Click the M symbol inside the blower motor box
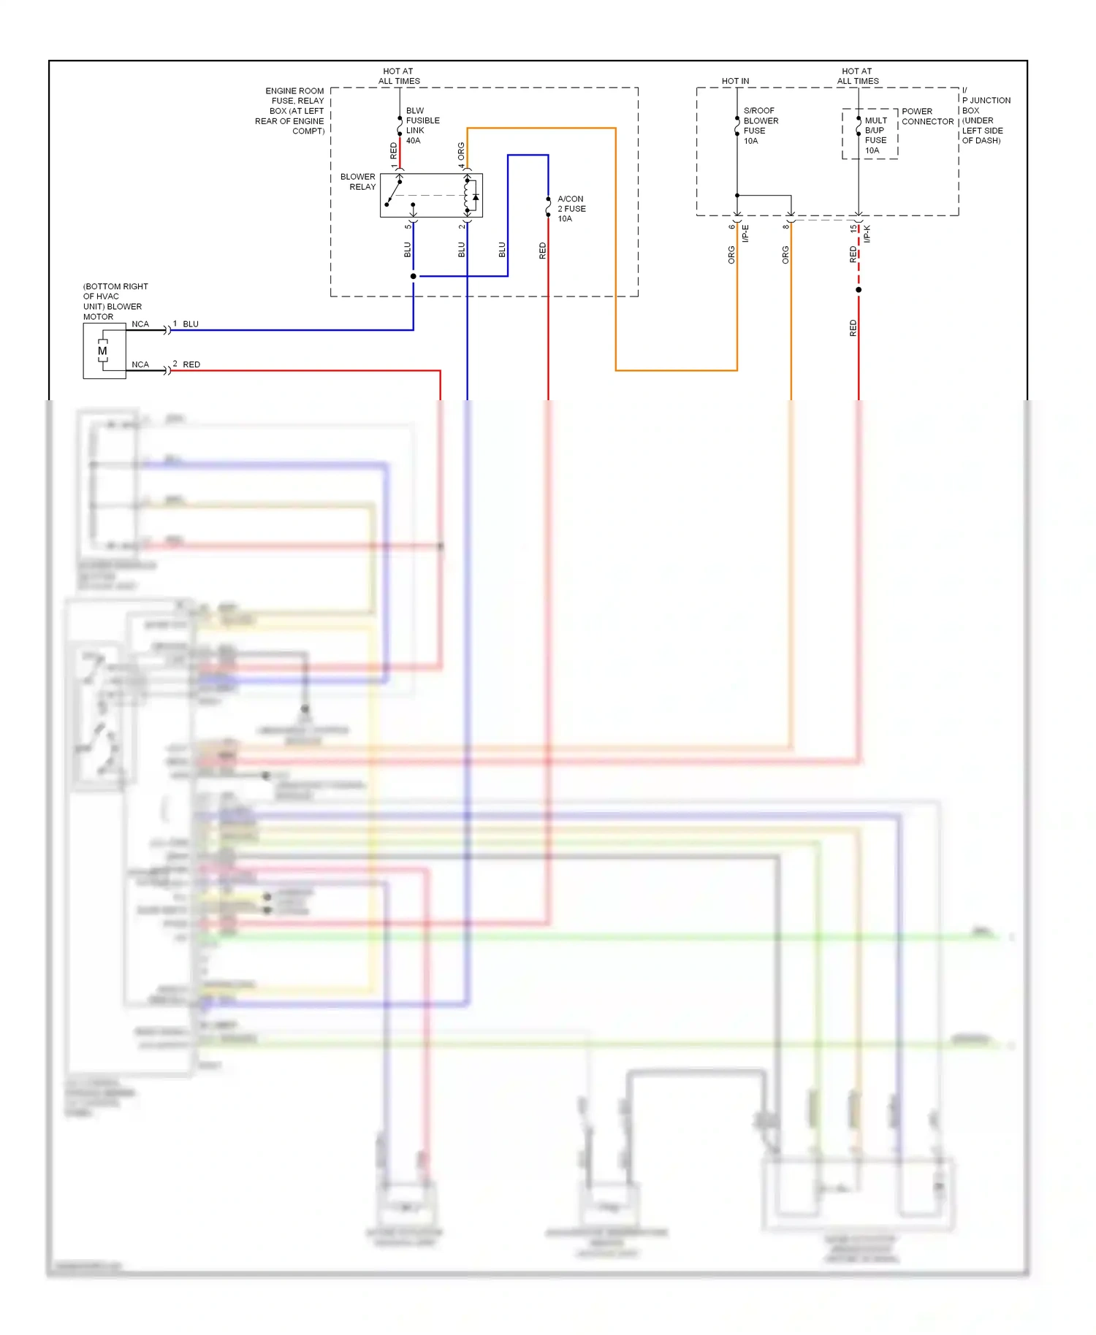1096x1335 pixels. pos(102,351)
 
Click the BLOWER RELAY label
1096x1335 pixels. pos(358,182)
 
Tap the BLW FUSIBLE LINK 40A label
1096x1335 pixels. pos(422,126)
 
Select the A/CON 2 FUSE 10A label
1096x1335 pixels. pos(571,209)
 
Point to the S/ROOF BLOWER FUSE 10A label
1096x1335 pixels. pos(761,126)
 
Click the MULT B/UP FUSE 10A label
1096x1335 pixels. pos(875,135)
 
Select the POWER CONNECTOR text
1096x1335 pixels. pos(926,117)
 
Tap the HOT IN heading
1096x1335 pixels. pos(735,81)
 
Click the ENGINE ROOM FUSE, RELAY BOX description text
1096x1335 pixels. pos(291,111)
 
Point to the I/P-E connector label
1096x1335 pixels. pos(745,234)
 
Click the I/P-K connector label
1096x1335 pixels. pos(867,234)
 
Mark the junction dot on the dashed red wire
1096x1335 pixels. pos(859,290)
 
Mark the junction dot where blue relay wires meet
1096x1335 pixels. pos(414,276)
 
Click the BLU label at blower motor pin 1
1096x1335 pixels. pos(191,324)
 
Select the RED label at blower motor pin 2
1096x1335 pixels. pos(191,364)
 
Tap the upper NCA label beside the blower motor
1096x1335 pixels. pos(140,324)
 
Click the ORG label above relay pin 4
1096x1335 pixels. pos(461,151)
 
